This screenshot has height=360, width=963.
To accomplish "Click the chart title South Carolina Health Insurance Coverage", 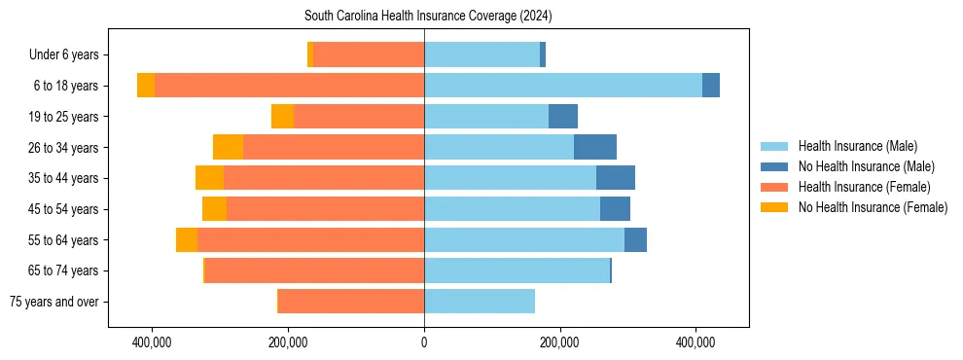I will point(428,16).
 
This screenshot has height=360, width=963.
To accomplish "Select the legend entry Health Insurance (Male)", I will point(857,146).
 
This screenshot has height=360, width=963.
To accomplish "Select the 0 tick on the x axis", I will point(424,343).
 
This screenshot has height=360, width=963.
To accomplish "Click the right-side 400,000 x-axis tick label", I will point(696,343).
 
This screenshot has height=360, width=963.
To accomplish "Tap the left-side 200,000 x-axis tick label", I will point(288,343).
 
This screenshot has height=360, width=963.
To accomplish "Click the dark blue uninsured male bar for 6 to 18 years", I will point(711,86).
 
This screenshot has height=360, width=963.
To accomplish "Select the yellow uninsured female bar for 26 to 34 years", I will point(228,147).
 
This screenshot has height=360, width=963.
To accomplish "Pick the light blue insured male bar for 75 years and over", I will point(480,302).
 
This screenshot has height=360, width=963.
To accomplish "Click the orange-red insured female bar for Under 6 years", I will point(369,55).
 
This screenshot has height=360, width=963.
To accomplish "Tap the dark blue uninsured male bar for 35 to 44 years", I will point(616,178).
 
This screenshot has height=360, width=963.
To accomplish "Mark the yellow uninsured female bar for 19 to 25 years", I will point(282,117).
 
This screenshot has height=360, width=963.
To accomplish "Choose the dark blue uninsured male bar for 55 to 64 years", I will point(635,239).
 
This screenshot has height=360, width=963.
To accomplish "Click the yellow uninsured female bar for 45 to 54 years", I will point(214,209).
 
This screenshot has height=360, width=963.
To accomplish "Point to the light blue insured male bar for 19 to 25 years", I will point(486,117).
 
